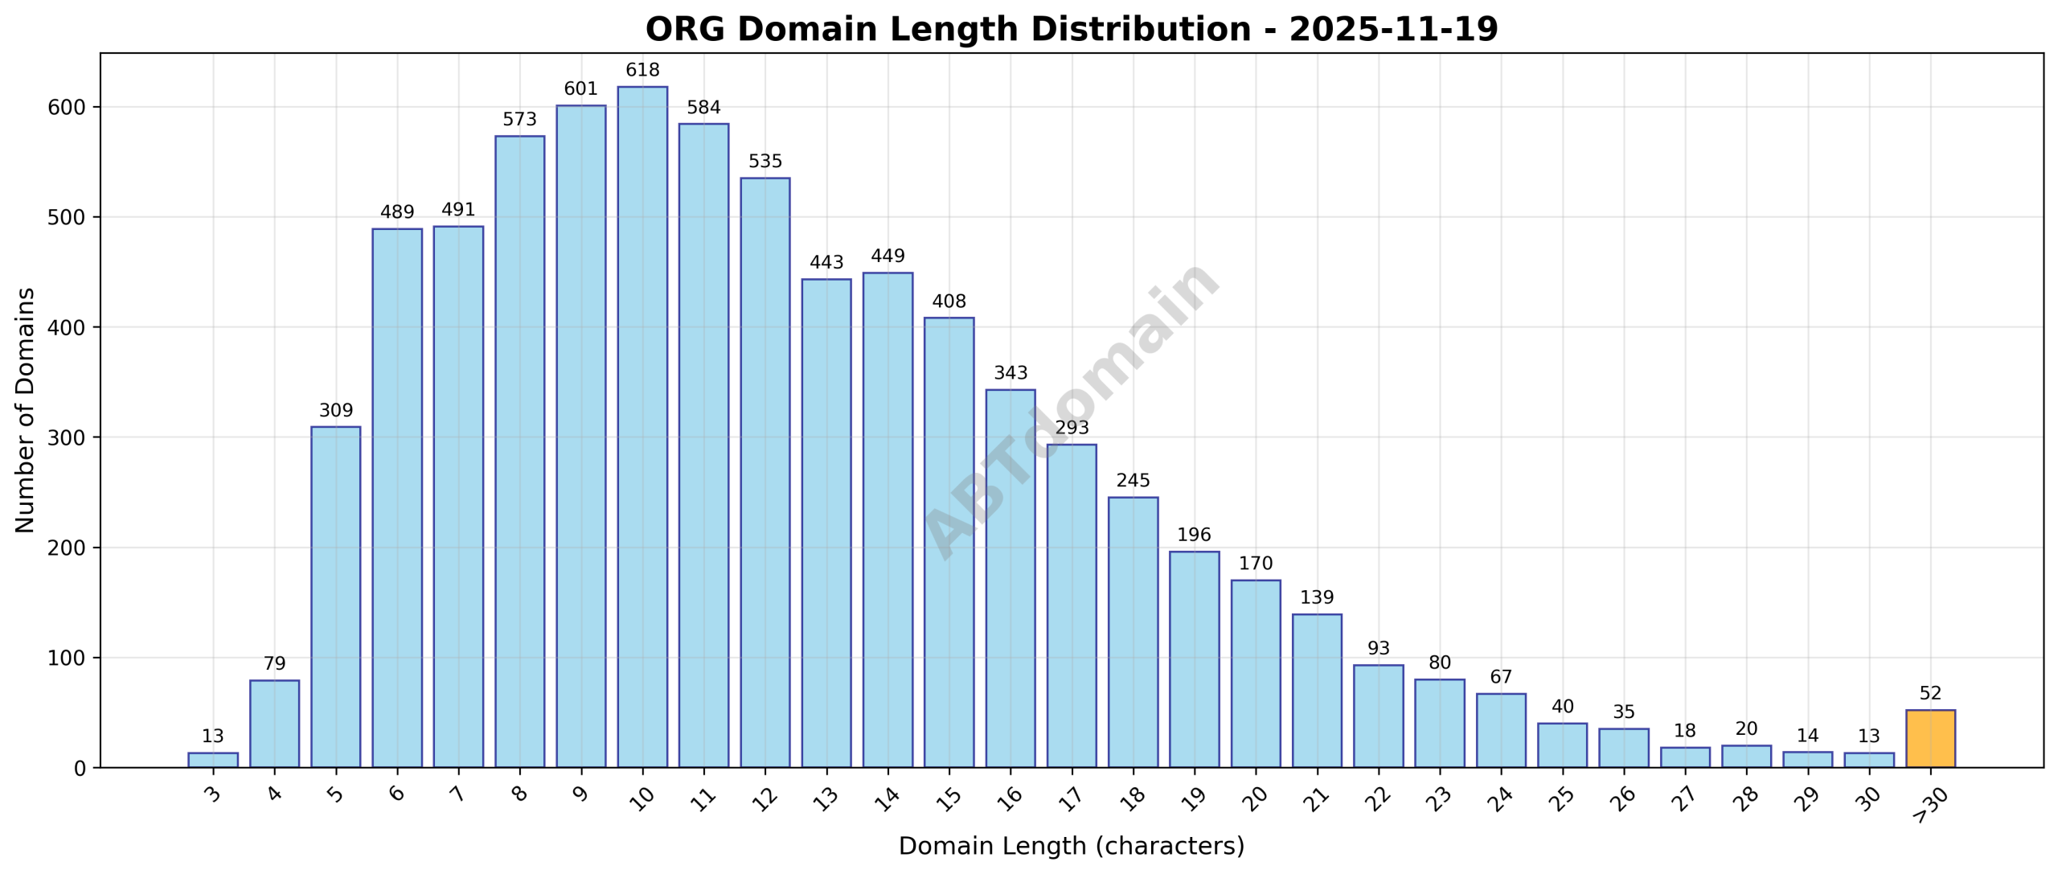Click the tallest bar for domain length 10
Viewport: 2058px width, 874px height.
pos(642,426)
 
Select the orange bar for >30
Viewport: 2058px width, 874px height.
pos(1929,738)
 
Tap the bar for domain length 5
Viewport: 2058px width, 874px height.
pos(335,597)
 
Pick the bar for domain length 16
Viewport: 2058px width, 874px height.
pos(1010,578)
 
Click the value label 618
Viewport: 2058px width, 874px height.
pos(642,70)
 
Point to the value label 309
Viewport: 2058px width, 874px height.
pos(335,411)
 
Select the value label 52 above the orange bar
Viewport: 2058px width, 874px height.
pos(1929,693)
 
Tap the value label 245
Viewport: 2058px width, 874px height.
pos(1133,481)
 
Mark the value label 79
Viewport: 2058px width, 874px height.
pos(274,664)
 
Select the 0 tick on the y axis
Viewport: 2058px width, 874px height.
pos(79,769)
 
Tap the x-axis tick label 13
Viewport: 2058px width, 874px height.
pos(826,798)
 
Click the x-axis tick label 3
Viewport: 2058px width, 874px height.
pos(213,795)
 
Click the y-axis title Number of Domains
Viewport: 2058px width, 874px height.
pos(25,410)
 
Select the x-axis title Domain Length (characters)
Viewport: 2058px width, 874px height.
pos(1071,846)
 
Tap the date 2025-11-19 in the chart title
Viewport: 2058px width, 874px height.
pos(1393,30)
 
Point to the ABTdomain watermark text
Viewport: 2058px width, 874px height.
pos(1071,410)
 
